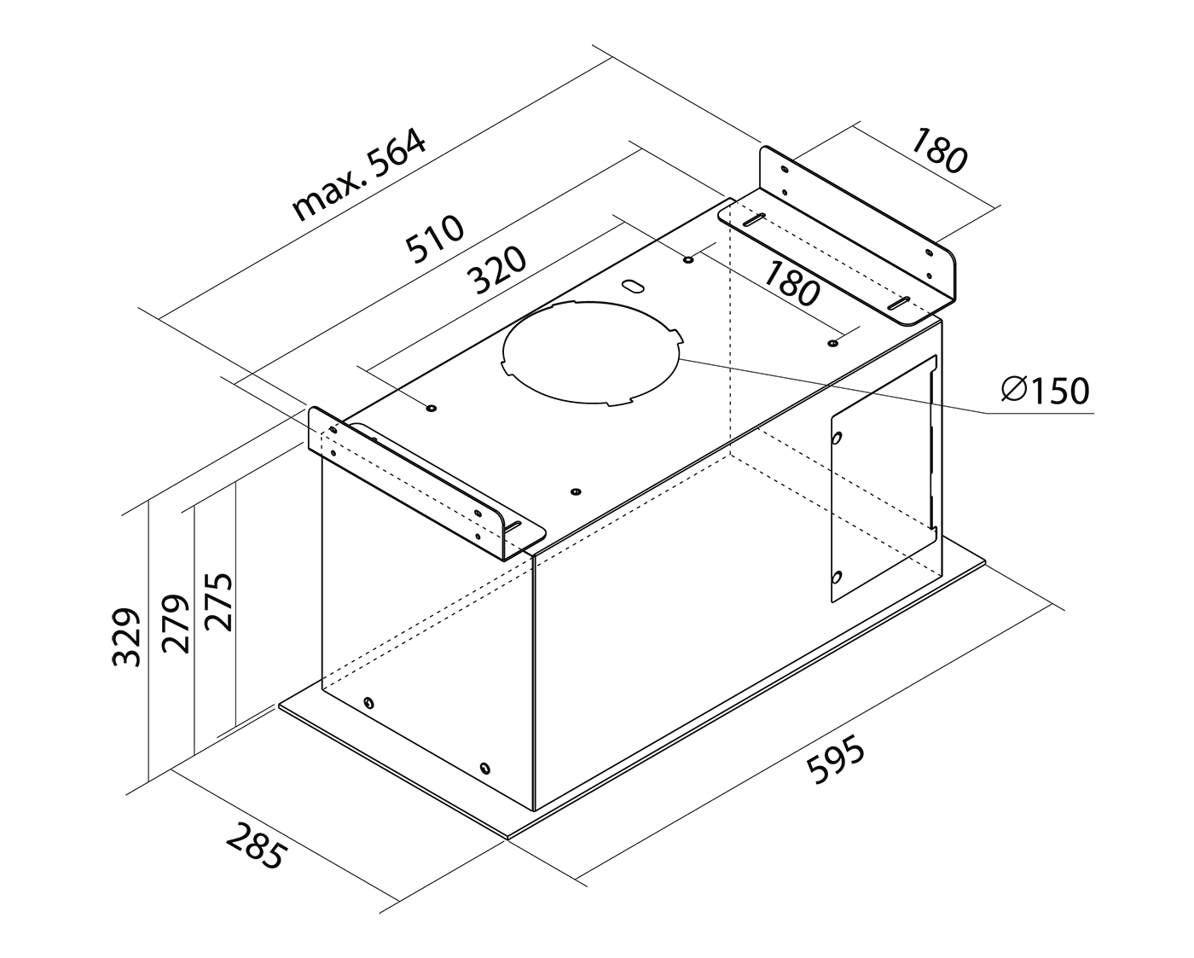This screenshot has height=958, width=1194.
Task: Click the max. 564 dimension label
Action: (359, 176)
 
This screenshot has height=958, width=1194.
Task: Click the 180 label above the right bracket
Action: (938, 150)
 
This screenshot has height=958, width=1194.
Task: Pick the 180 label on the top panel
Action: (791, 283)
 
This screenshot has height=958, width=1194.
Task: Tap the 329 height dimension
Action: (126, 636)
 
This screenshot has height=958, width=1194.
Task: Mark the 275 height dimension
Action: (217, 601)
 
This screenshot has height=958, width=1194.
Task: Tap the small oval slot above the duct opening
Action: (633, 287)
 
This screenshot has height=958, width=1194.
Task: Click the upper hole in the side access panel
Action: (838, 438)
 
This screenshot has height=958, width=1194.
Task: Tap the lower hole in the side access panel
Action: (838, 577)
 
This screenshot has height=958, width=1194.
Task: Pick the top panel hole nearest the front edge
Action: (576, 491)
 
